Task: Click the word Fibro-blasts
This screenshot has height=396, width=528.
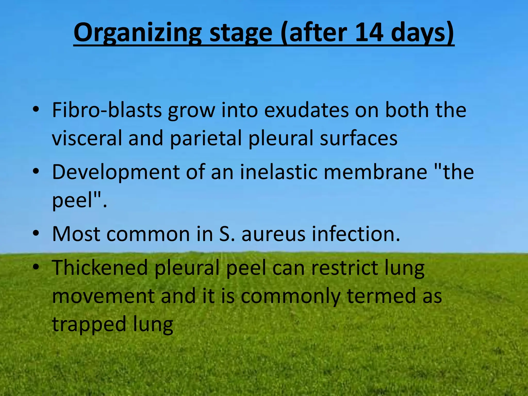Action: [x=107, y=110]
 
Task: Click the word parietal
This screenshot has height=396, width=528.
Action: [x=206, y=138]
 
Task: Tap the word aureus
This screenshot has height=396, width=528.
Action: [x=273, y=234]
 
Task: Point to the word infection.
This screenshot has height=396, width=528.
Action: [x=356, y=234]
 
